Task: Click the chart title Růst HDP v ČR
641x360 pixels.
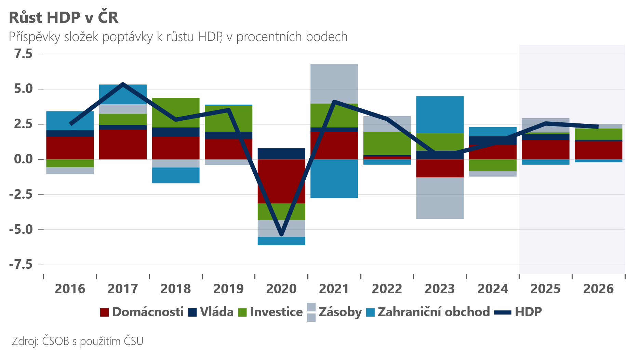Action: [64, 18]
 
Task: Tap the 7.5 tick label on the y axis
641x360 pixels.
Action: [23, 54]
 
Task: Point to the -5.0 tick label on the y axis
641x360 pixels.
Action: [21, 229]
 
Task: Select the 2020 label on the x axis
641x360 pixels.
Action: [281, 289]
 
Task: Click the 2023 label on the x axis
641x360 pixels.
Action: [440, 289]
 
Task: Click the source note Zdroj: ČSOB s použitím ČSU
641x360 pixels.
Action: [77, 341]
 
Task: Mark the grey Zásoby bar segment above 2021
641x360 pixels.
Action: [334, 84]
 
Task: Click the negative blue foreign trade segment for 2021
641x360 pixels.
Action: [334, 178]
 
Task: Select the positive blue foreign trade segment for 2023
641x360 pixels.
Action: [440, 115]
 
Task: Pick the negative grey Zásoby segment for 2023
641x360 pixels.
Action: [440, 198]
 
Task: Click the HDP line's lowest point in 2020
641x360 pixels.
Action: [281, 235]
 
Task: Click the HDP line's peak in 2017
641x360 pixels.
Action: [123, 84]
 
